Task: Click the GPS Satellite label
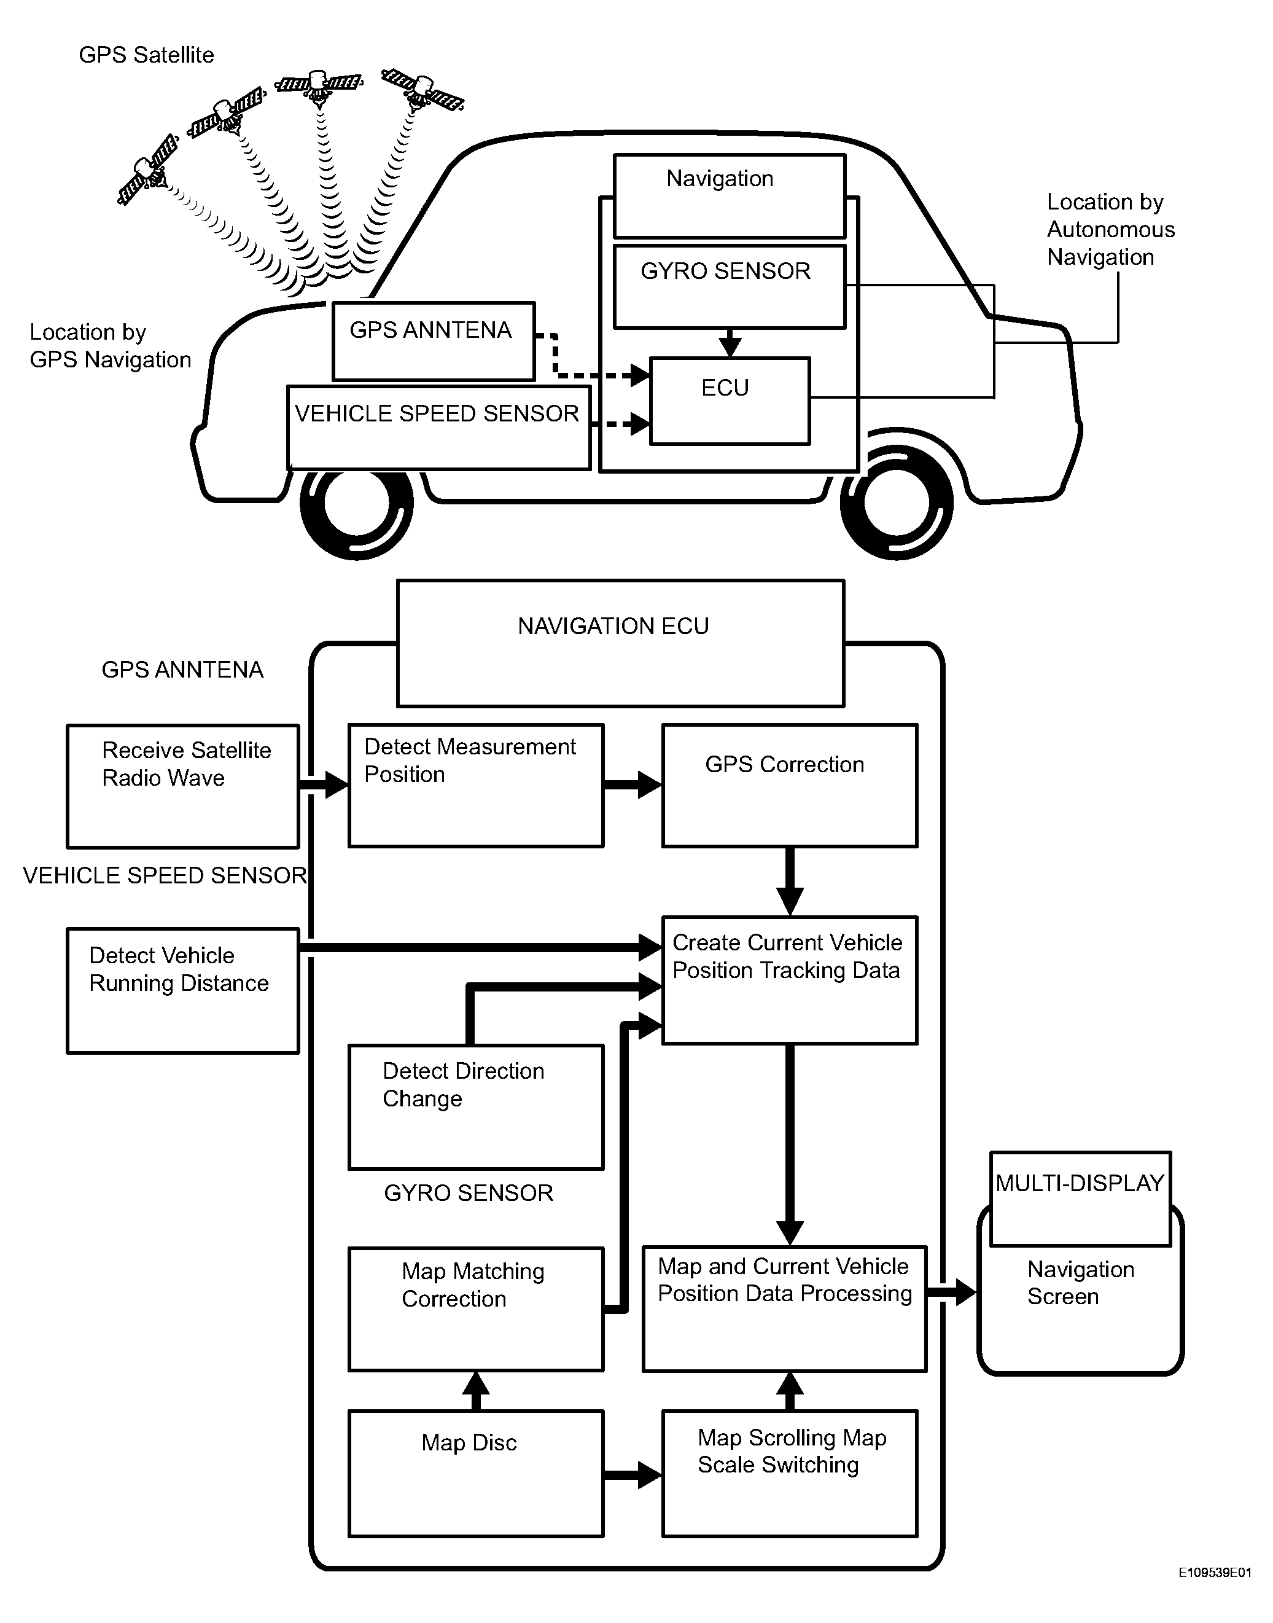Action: click(146, 55)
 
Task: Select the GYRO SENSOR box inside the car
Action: click(729, 286)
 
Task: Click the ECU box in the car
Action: click(730, 401)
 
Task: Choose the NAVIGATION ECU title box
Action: click(620, 643)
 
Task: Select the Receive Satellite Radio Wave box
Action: click(182, 786)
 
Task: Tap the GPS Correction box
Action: click(789, 785)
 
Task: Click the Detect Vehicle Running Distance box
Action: click(182, 990)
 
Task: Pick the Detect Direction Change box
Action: click(475, 1106)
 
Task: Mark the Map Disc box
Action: click(475, 1473)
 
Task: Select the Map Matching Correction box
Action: click(475, 1308)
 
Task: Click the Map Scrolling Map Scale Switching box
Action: click(789, 1473)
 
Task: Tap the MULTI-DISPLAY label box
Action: click(1080, 1198)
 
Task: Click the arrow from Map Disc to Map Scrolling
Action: click(632, 1474)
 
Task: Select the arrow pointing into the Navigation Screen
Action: click(954, 1292)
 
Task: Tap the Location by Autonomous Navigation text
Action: click(1110, 230)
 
